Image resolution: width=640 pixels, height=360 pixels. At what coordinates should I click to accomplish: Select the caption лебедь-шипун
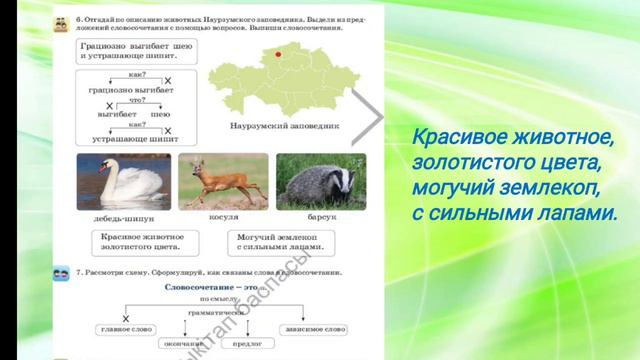(122, 215)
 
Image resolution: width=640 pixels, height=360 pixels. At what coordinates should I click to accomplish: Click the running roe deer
(222, 180)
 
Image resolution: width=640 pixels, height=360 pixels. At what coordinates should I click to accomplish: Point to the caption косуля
(223, 215)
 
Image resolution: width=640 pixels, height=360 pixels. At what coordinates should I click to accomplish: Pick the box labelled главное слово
(126, 328)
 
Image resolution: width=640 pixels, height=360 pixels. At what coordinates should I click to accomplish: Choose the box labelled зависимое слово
(315, 328)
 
